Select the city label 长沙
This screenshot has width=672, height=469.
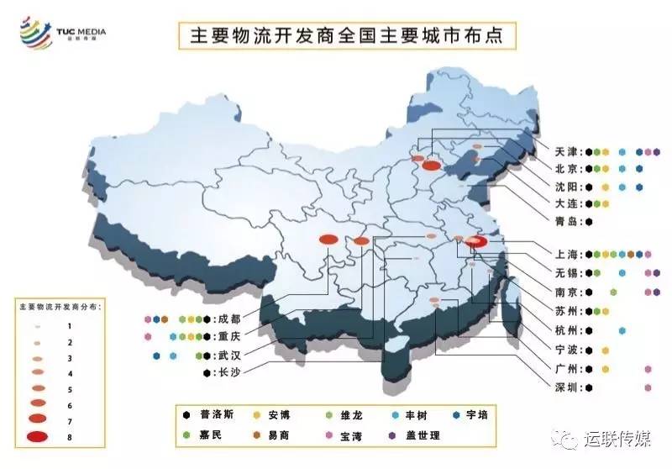[x=227, y=372]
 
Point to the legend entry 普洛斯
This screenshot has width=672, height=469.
[x=218, y=414]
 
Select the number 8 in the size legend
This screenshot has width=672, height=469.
[x=70, y=436]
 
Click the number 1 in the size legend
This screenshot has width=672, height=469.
[x=70, y=325]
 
